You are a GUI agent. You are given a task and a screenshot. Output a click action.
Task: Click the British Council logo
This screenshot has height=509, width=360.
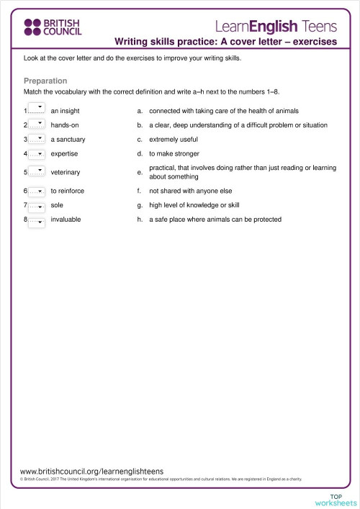(53, 27)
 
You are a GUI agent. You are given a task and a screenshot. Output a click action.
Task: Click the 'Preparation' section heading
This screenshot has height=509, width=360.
(45, 81)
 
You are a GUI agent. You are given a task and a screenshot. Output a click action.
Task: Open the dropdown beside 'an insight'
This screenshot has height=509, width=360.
(37, 110)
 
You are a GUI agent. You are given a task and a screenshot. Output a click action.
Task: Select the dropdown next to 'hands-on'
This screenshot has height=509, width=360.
(37, 125)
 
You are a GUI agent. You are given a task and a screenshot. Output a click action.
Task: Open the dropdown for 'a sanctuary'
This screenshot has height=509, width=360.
(37, 140)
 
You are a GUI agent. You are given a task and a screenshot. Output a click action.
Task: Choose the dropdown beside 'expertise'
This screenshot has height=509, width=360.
(37, 154)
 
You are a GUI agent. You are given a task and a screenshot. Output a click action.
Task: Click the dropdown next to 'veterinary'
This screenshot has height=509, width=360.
(37, 173)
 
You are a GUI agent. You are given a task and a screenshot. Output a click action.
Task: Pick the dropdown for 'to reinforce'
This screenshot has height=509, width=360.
(37, 192)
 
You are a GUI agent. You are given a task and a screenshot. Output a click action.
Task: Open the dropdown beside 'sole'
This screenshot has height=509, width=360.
(37, 206)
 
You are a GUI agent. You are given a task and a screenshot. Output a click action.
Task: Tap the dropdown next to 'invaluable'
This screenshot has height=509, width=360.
(37, 220)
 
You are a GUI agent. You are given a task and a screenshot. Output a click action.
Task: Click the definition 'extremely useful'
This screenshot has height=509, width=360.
(174, 140)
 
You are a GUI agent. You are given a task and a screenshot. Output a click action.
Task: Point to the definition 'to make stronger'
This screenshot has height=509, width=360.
(174, 154)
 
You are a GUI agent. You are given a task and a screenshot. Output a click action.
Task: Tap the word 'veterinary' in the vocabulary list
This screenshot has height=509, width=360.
(66, 173)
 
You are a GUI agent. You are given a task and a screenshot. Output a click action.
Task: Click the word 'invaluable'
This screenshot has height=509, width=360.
(66, 220)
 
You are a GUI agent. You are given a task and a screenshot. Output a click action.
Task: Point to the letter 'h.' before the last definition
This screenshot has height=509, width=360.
(140, 220)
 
